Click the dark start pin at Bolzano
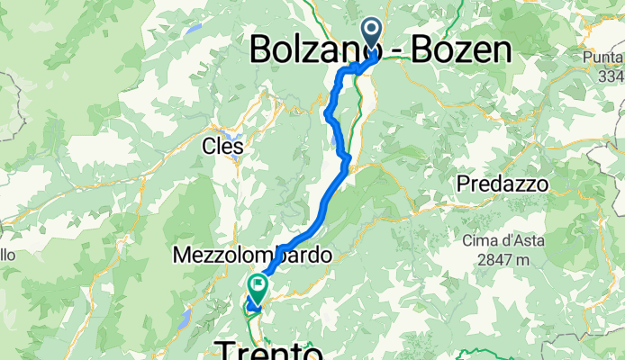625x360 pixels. [x=370, y=34]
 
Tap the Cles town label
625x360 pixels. [x=222, y=145]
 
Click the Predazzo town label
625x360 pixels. [x=503, y=184]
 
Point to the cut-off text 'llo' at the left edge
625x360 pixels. [x=7, y=256]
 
